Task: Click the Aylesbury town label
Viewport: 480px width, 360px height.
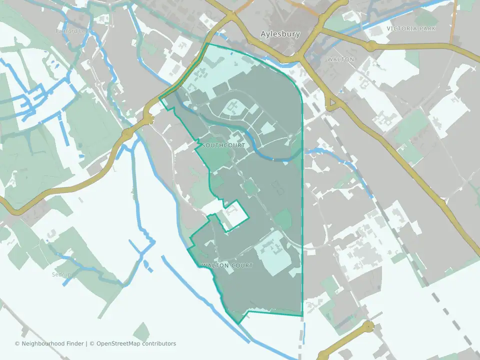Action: click(x=280, y=34)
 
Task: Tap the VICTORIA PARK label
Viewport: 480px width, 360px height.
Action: click(x=414, y=28)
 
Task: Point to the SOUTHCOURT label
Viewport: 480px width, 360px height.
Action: click(x=223, y=145)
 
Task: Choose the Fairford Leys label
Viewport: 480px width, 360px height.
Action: click(x=71, y=31)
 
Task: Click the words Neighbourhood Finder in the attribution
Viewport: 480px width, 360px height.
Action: click(x=53, y=343)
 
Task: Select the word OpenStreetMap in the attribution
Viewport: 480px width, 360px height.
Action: click(x=118, y=343)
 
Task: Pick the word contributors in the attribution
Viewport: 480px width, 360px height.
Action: click(x=159, y=343)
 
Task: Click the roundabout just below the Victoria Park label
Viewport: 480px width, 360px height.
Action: click(x=370, y=46)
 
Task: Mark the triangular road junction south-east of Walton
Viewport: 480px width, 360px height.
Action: click(x=331, y=103)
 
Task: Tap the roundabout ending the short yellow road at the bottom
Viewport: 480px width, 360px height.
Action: click(x=368, y=327)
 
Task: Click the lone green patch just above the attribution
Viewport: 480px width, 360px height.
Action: click(x=141, y=332)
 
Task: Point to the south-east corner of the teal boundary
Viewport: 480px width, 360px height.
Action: click(x=302, y=315)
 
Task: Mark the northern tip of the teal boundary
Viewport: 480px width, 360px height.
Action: click(x=207, y=44)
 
